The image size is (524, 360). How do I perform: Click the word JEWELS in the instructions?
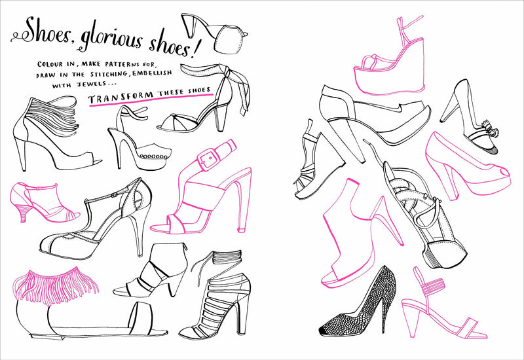[87, 84]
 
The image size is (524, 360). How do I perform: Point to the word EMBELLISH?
[152, 73]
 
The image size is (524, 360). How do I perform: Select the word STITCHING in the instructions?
[109, 74]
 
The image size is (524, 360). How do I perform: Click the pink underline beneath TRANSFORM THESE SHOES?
[151, 101]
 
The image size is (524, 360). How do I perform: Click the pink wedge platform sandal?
[390, 57]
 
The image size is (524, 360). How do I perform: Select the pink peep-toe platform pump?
[467, 166]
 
